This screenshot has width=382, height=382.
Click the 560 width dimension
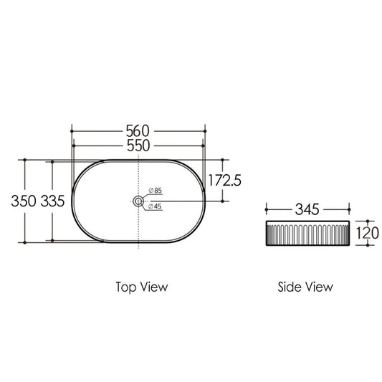(138, 131)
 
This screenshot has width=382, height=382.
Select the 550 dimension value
(138, 145)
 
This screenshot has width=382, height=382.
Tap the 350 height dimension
(24, 201)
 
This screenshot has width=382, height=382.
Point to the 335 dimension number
(52, 201)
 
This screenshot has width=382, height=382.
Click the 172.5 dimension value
(224, 181)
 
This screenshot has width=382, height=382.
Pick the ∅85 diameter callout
(156, 190)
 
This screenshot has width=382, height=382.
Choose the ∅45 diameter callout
(155, 206)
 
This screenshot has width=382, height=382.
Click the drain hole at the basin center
(138, 201)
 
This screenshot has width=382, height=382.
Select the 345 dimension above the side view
(307, 209)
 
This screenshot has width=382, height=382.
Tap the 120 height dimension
(368, 233)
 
